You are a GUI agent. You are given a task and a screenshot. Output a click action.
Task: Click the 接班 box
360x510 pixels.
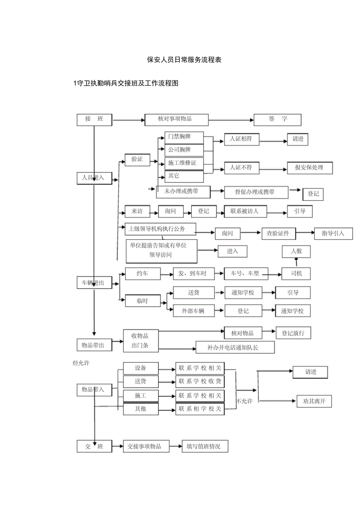point(94,119)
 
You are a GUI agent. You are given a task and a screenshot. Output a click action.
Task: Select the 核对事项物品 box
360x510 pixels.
point(176,119)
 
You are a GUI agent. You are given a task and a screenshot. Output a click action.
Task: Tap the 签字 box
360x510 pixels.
point(277,119)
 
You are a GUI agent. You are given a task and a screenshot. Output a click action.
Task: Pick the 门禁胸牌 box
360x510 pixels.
point(184,137)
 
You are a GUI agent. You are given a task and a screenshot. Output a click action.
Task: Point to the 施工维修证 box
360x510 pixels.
point(184,163)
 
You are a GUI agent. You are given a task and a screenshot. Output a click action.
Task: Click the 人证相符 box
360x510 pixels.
point(241,139)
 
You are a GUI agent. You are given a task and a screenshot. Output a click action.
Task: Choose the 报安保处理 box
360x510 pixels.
point(310,168)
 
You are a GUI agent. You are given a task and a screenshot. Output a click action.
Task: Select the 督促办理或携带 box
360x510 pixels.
point(256,192)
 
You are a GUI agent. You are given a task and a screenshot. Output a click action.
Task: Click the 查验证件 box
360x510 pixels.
point(278,234)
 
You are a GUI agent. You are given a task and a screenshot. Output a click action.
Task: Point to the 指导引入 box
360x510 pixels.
point(333,234)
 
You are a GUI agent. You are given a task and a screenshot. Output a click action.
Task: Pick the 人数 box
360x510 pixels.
point(296,252)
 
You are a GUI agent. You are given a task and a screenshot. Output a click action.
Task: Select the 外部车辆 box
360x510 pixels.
point(193,312)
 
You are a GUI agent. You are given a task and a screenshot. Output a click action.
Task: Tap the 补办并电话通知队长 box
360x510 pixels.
point(235,347)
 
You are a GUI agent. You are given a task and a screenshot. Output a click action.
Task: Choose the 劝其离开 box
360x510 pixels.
point(314,401)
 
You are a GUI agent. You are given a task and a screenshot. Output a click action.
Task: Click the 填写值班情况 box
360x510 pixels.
point(205,447)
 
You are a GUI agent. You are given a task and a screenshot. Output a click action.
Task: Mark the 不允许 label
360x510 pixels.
point(245,402)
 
